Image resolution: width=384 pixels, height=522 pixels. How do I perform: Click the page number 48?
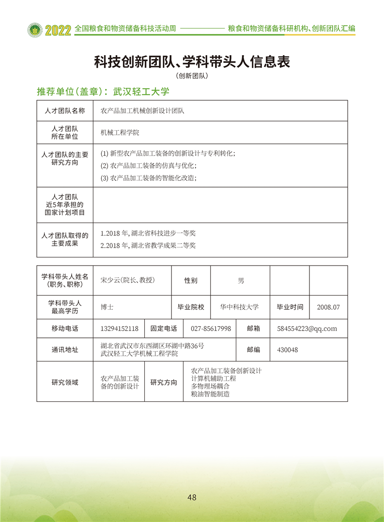pyautogui.click(x=192, y=497)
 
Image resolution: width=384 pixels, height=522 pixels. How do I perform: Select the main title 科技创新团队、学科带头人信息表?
pyautogui.click(x=192, y=62)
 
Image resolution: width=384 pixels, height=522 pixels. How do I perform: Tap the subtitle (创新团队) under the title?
pyautogui.click(x=192, y=76)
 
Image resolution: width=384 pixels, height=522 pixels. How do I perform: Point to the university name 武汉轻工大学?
pyautogui.click(x=141, y=91)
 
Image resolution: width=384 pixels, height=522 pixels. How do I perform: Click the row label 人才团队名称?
pyautogui.click(x=64, y=111)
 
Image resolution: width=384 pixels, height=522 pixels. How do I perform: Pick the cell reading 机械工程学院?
pyautogui.click(x=120, y=132)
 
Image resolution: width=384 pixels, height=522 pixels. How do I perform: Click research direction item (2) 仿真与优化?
pyautogui.click(x=149, y=165)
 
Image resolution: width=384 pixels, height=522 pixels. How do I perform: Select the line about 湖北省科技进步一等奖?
pyautogui.click(x=148, y=233)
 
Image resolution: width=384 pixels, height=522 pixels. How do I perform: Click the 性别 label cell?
pyautogui.click(x=191, y=280)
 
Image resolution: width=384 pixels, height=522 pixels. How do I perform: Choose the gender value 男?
pyautogui.click(x=241, y=280)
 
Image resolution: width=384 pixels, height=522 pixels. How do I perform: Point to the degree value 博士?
pyautogui.click(x=107, y=307)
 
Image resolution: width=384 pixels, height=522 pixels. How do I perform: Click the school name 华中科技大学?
pyautogui.click(x=239, y=307)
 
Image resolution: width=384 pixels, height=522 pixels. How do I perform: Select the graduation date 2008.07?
pyautogui.click(x=328, y=307)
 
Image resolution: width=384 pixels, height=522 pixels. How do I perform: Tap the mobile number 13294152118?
pyautogui.click(x=120, y=328)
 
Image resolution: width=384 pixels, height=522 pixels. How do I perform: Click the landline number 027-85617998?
pyautogui.click(x=211, y=328)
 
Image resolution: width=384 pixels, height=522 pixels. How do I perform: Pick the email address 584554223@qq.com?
pyautogui.click(x=307, y=328)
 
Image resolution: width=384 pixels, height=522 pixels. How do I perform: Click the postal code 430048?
pyautogui.click(x=288, y=349)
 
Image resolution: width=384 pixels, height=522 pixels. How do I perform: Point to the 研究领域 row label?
pyautogui.click(x=64, y=382)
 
